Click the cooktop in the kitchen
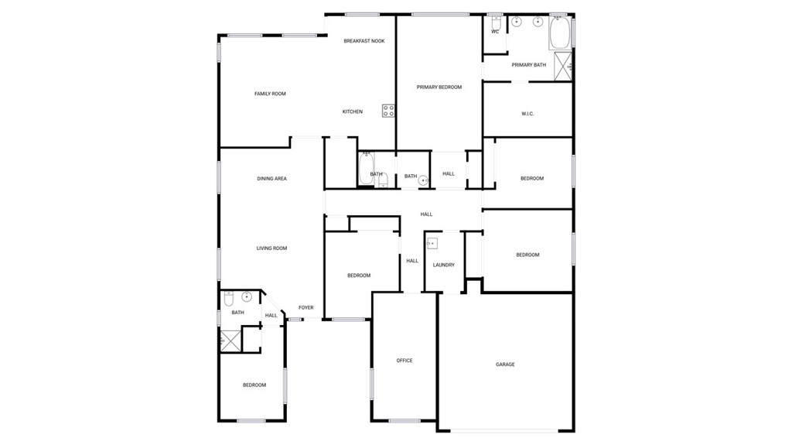click(x=388, y=111)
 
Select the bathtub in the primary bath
click(x=559, y=32)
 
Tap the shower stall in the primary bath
click(x=562, y=67)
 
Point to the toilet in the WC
click(x=496, y=23)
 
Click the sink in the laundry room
click(x=432, y=244)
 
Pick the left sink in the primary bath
click(x=516, y=22)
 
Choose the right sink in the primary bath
click(x=538, y=22)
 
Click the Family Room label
click(x=270, y=94)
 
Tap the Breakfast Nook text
click(x=364, y=41)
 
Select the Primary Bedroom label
click(x=439, y=87)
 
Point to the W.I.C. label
click(x=527, y=114)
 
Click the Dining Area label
click(x=271, y=179)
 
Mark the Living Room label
click(x=271, y=248)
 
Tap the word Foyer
click(x=306, y=307)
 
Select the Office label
click(x=405, y=361)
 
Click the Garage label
click(x=505, y=364)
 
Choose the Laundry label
click(x=443, y=265)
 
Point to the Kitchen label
click(x=353, y=111)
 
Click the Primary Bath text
click(x=529, y=65)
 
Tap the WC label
click(x=495, y=32)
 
